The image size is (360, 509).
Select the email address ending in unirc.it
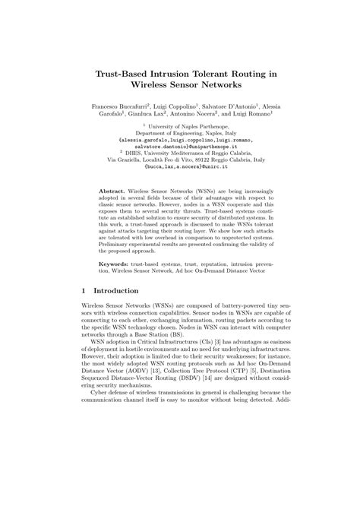[x=179, y=175]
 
